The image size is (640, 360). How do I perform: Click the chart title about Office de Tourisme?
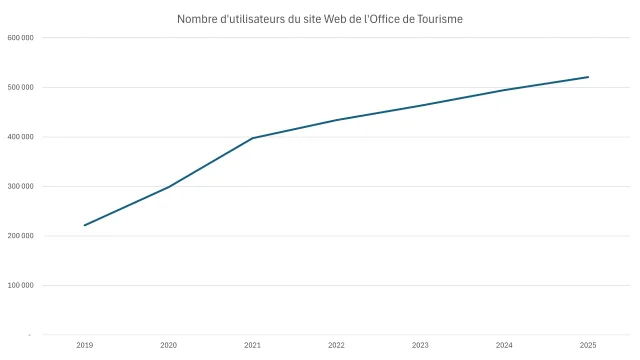click(x=320, y=19)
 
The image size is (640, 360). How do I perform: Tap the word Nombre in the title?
click(x=198, y=19)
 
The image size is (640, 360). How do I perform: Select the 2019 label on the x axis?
click(x=84, y=345)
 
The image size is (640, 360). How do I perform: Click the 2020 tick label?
click(x=168, y=345)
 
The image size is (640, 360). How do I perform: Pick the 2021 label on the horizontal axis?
click(x=252, y=345)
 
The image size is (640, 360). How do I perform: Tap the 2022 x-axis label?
click(x=336, y=345)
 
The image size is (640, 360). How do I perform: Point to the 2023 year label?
click(x=420, y=345)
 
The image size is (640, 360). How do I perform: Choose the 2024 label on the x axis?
click(x=504, y=345)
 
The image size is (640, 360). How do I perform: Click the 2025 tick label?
click(x=588, y=345)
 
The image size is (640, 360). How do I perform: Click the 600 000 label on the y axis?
click(x=21, y=38)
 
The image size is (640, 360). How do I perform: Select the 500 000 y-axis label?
click(x=21, y=87)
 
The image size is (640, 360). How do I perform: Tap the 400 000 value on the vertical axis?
click(x=21, y=137)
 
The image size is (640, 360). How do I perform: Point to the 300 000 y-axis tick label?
click(x=21, y=186)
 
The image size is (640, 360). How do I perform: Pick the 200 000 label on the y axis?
click(x=21, y=236)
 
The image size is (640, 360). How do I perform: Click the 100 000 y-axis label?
click(x=21, y=285)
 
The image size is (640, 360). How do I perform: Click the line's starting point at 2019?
click(x=84, y=225)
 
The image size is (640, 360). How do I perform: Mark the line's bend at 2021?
click(x=252, y=138)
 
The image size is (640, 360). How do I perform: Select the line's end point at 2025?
click(x=588, y=77)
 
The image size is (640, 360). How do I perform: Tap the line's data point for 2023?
click(x=420, y=105)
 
